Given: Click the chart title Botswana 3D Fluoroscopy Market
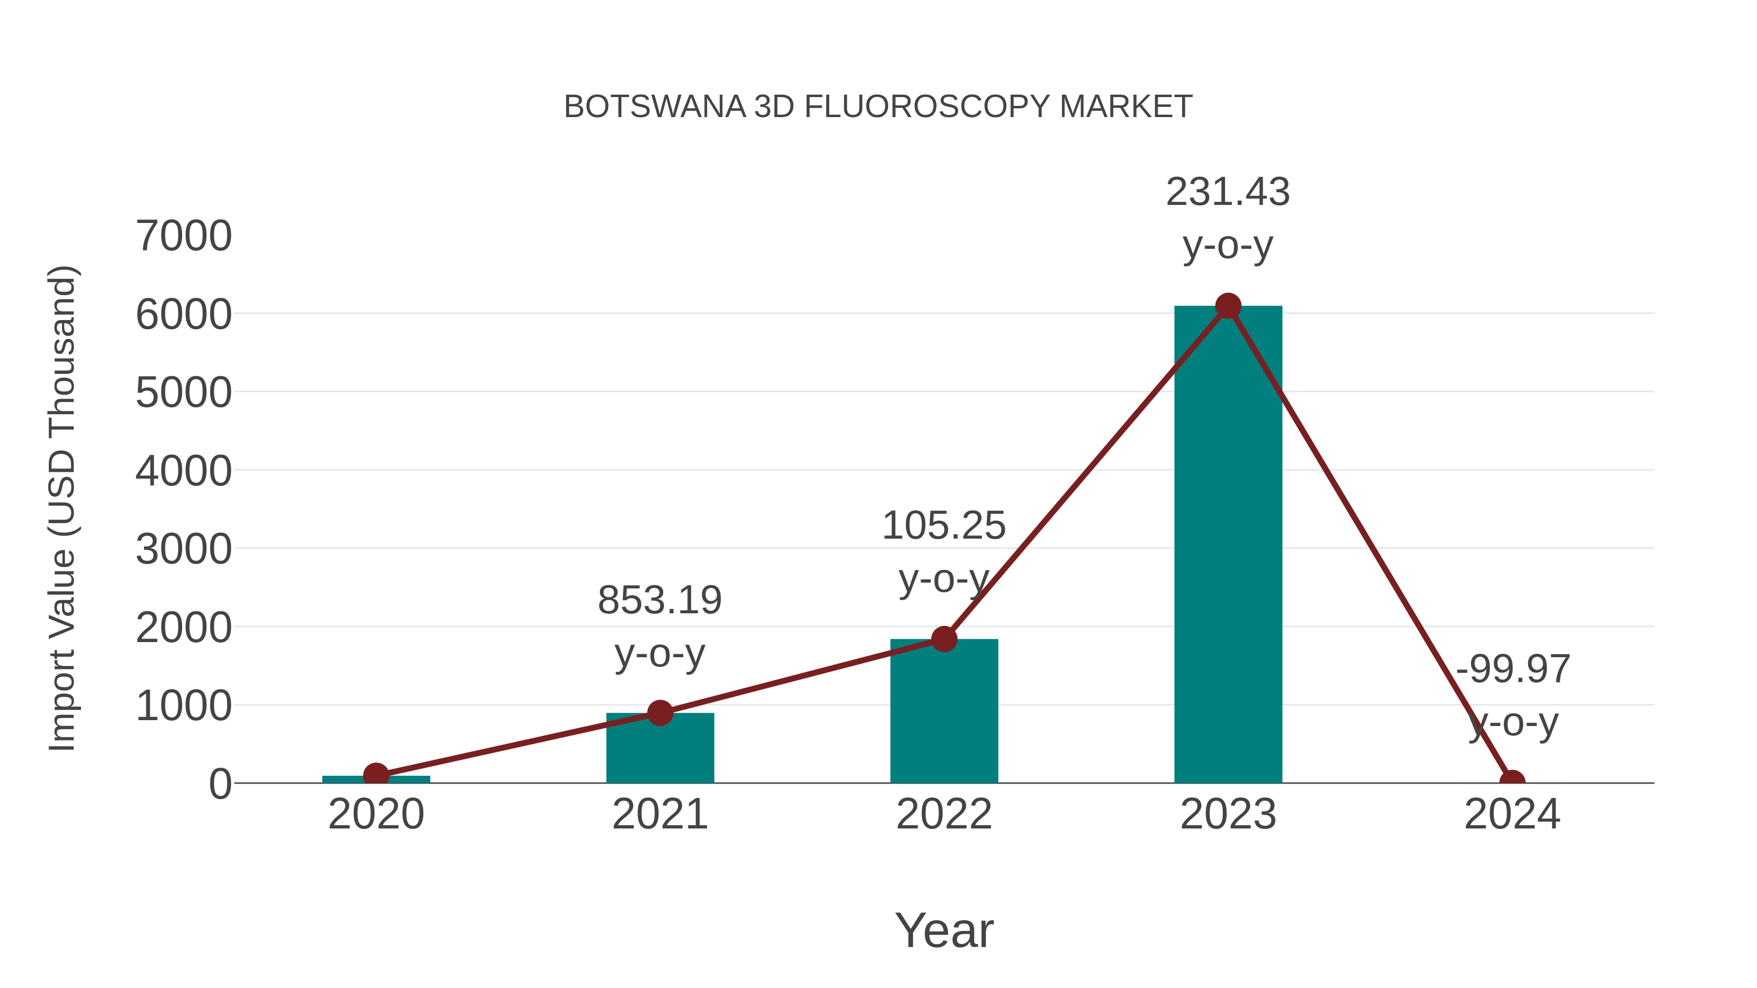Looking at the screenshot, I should tap(878, 107).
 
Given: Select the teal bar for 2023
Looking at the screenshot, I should tap(1228, 545).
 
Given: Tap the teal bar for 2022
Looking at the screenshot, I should tap(944, 712).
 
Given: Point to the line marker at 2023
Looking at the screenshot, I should tap(1228, 306).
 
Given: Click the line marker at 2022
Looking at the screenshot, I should tap(944, 639).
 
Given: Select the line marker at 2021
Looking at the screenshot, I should tap(659, 713).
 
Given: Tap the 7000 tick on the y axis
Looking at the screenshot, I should tap(184, 237).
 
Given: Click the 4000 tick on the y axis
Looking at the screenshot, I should tap(184, 471).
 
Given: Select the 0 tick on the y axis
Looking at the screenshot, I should tap(220, 784).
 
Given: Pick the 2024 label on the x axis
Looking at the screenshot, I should tap(1512, 815).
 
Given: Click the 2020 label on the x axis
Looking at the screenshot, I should tap(376, 815).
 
